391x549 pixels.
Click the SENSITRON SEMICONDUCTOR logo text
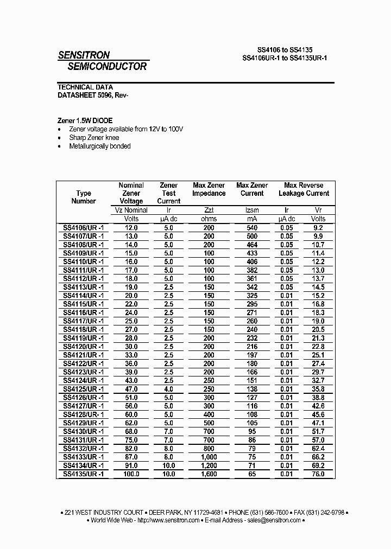[x=102, y=61]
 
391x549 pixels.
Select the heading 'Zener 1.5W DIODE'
[x=85, y=120]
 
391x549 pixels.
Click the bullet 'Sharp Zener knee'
[x=94, y=138]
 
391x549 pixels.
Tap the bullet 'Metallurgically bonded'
[x=100, y=146]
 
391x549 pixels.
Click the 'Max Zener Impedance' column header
[x=209, y=189]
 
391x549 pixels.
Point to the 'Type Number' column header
[x=84, y=197]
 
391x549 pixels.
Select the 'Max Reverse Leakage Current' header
[x=304, y=189]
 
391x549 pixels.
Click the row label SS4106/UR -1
[x=84, y=228]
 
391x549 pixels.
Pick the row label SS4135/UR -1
[x=84, y=474]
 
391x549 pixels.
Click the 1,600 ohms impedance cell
[x=209, y=474]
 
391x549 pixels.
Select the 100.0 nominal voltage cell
[x=131, y=474]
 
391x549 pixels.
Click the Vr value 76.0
[x=318, y=474]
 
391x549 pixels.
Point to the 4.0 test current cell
[x=168, y=389]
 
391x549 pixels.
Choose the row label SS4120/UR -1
[x=84, y=347]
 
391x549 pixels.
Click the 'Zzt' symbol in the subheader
[x=209, y=210]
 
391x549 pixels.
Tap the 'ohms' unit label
[x=209, y=219]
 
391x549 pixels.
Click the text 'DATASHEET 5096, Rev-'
[x=93, y=95]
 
